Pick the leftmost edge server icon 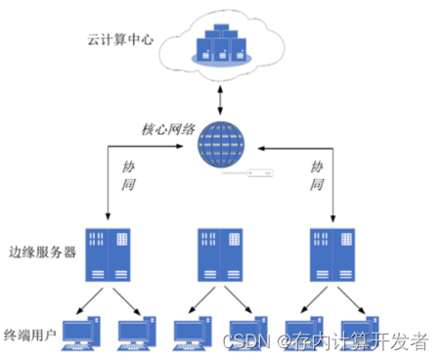tap(107, 253)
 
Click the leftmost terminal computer tap(78, 334)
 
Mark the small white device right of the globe tap(259, 174)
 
